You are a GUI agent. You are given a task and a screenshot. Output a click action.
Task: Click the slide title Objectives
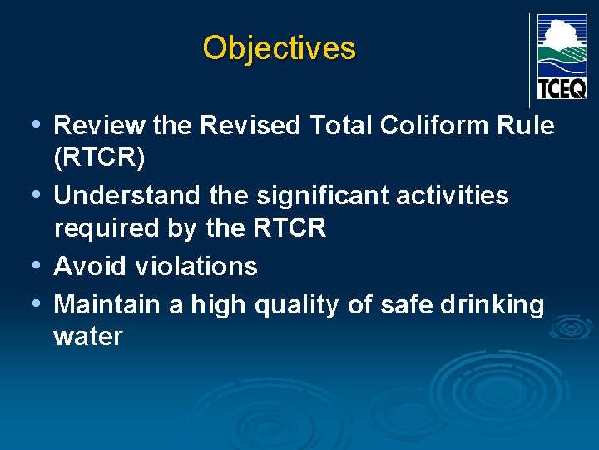[279, 48]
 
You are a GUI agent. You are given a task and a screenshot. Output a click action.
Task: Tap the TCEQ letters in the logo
[562, 87]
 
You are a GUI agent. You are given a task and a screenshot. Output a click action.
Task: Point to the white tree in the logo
[560, 33]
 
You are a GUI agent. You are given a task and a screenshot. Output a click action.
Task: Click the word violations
[196, 267]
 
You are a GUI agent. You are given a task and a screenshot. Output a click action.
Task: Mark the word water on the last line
[88, 337]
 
